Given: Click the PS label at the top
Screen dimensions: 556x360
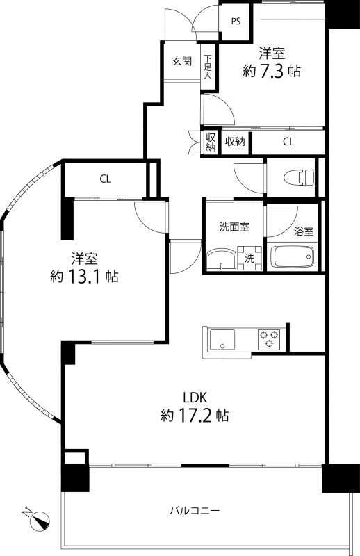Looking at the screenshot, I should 236,21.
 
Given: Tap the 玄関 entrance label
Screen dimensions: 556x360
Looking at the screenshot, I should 182,61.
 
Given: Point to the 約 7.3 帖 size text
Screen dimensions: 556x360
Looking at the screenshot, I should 272,70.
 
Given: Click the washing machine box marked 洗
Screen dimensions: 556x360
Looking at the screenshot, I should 249,258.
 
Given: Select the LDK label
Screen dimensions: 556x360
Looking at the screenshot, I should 195,398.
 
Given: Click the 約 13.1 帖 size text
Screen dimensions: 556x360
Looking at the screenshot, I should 83,276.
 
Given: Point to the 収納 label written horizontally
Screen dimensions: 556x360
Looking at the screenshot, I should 235,142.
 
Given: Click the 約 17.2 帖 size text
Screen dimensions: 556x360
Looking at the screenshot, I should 195,416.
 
